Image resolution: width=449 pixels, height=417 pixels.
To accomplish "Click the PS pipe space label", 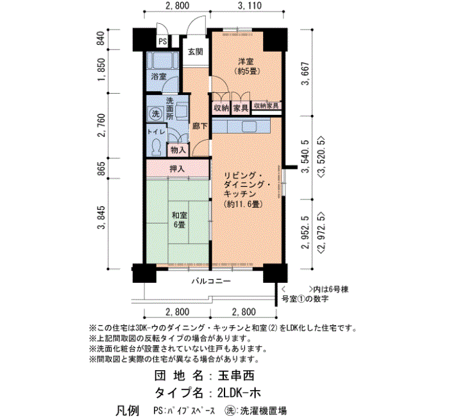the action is [x=163, y=42].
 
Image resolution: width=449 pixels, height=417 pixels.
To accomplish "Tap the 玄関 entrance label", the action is [x=196, y=51].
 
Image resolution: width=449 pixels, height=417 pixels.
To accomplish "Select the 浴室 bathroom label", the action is [x=158, y=77].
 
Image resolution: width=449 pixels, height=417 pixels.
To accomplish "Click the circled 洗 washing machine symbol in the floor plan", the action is [x=155, y=114].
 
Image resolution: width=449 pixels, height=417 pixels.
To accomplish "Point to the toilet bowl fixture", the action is [x=156, y=147].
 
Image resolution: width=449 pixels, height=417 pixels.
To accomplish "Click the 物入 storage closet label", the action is [x=178, y=149].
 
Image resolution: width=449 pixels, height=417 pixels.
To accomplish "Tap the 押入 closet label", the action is [x=178, y=169].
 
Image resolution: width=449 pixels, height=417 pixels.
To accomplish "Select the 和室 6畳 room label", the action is [x=179, y=219].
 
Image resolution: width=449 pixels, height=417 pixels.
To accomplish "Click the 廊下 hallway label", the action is [x=199, y=126].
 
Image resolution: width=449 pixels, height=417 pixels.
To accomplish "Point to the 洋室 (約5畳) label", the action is [x=246, y=66].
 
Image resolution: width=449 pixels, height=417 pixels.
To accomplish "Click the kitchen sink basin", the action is [x=250, y=126].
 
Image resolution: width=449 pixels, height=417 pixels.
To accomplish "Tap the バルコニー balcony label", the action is [x=211, y=281].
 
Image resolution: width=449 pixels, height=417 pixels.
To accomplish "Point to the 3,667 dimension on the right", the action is [x=306, y=73].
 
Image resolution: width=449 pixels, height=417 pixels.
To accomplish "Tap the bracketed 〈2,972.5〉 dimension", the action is [x=321, y=233].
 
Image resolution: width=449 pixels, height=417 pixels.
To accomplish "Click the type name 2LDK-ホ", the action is [x=239, y=393].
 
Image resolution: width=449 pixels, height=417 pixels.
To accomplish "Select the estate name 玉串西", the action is [x=236, y=376].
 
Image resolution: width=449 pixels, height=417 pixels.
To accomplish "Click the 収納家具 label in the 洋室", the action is [x=266, y=106].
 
